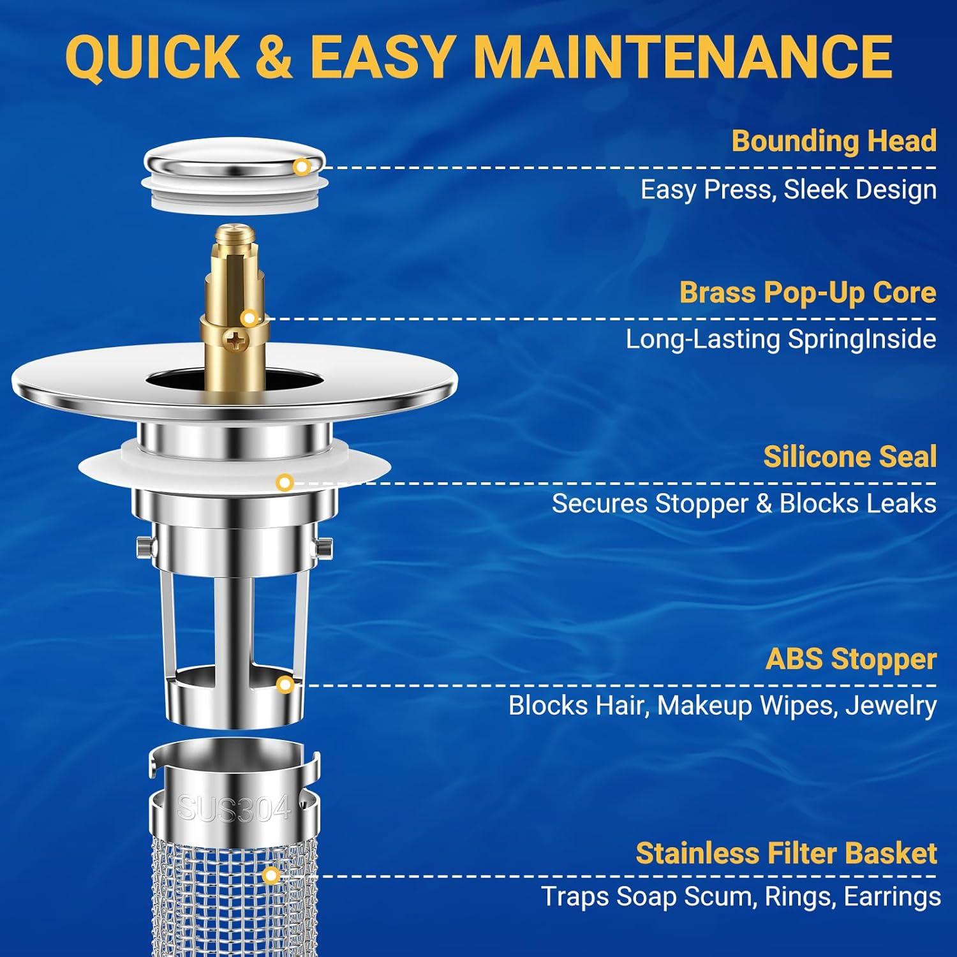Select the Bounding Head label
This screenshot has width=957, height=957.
[833, 141]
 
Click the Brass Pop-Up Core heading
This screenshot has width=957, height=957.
[807, 292]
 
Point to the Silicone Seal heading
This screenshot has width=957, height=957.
[849, 457]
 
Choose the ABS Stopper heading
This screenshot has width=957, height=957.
[850, 659]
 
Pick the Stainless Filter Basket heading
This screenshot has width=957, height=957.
[786, 853]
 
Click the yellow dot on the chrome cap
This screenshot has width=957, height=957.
[302, 167]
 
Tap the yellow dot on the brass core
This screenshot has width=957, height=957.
[249, 318]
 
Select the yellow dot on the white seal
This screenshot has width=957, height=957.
[285, 482]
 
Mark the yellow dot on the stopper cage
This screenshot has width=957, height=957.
[286, 685]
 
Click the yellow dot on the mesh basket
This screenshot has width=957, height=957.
[271, 875]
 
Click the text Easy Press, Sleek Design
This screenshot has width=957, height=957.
[788, 190]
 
